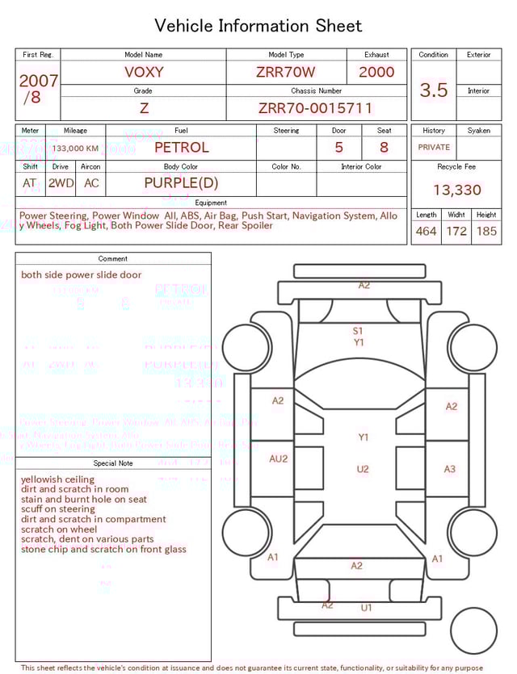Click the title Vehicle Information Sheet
258,26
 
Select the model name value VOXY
144,72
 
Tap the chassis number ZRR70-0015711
315,108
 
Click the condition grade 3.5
434,90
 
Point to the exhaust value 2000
376,72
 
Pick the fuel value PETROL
181,147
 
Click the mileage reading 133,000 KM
76,149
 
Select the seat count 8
384,148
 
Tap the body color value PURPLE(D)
181,182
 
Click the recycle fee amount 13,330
456,190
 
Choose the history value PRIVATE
434,148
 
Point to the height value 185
486,232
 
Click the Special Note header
113,463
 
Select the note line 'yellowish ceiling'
57,479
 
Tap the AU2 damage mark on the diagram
278,458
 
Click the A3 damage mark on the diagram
450,469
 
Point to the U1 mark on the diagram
366,608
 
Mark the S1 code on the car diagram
358,330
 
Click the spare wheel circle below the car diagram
473,630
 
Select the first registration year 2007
38,81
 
